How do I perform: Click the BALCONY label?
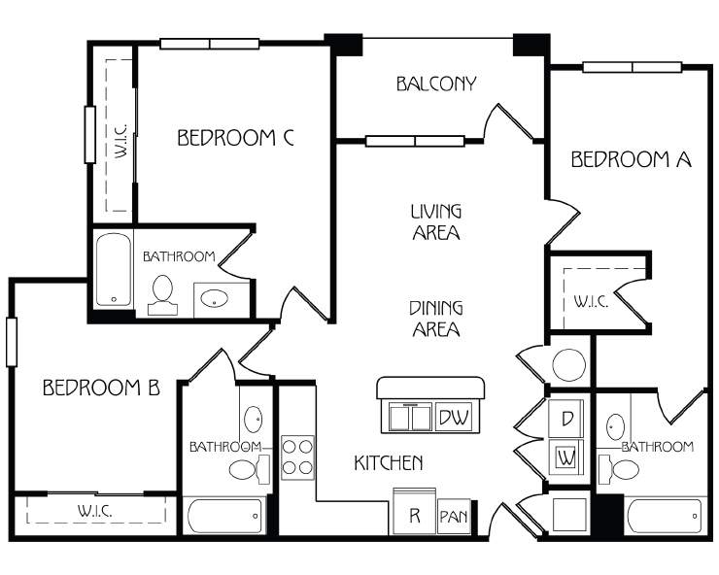click(x=436, y=84)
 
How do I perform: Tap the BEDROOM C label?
click(x=235, y=138)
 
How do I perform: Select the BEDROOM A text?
click(x=631, y=159)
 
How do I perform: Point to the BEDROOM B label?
click(x=101, y=388)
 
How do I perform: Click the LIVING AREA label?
click(x=436, y=221)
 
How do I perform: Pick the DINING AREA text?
click(x=436, y=319)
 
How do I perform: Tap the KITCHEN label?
click(x=389, y=463)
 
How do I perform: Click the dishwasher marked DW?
click(x=454, y=418)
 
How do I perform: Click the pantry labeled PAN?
click(x=454, y=517)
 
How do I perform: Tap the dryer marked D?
click(x=566, y=419)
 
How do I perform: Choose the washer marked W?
click(x=566, y=457)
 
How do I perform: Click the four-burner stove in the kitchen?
click(x=297, y=457)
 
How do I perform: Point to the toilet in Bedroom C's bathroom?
click(x=162, y=295)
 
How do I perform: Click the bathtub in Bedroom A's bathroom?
click(x=665, y=517)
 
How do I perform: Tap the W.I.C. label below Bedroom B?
click(x=95, y=511)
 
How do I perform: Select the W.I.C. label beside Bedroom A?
click(x=591, y=302)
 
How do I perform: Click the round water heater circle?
click(x=569, y=365)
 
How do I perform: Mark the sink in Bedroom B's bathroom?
click(x=254, y=419)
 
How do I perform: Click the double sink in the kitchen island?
click(x=410, y=418)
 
